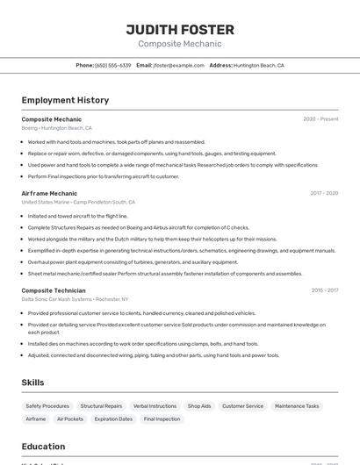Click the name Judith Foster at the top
click(180, 29)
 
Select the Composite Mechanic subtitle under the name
click(180, 44)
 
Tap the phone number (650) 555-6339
click(112, 65)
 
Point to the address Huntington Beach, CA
click(258, 65)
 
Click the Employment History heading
click(65, 100)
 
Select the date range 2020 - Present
click(320, 118)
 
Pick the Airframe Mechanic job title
click(49, 193)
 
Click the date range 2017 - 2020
click(324, 193)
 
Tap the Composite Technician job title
click(54, 290)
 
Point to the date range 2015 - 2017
click(325, 290)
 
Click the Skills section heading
click(32, 383)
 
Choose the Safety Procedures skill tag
click(47, 406)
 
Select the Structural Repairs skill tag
click(101, 406)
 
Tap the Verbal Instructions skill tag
click(155, 406)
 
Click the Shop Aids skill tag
click(199, 406)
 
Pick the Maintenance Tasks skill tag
click(297, 406)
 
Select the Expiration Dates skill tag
click(113, 419)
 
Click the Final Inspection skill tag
click(162, 419)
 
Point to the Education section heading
click(43, 447)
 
